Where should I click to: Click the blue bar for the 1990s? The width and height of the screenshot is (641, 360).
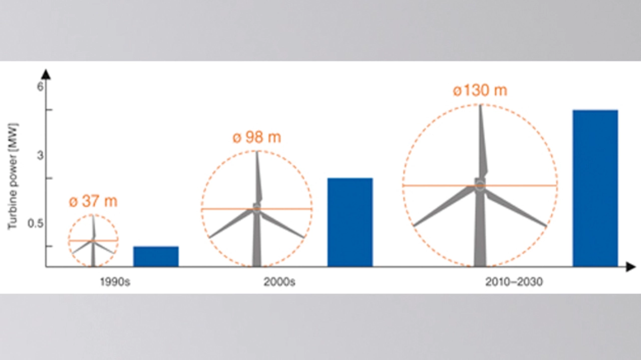(156, 256)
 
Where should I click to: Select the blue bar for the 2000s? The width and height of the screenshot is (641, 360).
(350, 222)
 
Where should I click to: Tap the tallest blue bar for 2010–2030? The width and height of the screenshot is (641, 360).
(595, 188)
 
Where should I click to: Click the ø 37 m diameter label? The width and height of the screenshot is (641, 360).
(93, 201)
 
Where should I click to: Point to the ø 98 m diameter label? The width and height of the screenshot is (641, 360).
(257, 137)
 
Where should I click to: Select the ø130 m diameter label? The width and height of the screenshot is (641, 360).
(480, 91)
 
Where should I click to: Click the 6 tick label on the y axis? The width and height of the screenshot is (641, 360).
(40, 86)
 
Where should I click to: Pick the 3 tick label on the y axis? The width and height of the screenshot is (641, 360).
(40, 155)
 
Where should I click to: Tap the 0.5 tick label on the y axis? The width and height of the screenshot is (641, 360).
(36, 223)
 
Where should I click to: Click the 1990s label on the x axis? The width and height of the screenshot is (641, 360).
(115, 282)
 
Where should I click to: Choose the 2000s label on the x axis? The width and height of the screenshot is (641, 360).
(279, 282)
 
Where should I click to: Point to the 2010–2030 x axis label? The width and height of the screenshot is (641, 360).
(514, 282)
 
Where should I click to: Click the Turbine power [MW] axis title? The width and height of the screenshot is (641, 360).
(13, 176)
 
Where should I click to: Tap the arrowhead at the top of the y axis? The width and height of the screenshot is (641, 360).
(46, 74)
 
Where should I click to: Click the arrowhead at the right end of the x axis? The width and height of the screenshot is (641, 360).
(630, 267)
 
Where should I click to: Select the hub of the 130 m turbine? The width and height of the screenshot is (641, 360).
(480, 185)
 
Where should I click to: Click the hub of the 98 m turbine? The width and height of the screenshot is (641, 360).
(257, 208)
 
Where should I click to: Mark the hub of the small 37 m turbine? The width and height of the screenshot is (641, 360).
(93, 241)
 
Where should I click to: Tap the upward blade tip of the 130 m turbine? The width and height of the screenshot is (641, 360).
(480, 105)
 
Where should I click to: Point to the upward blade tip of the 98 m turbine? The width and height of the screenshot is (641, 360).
(257, 152)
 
